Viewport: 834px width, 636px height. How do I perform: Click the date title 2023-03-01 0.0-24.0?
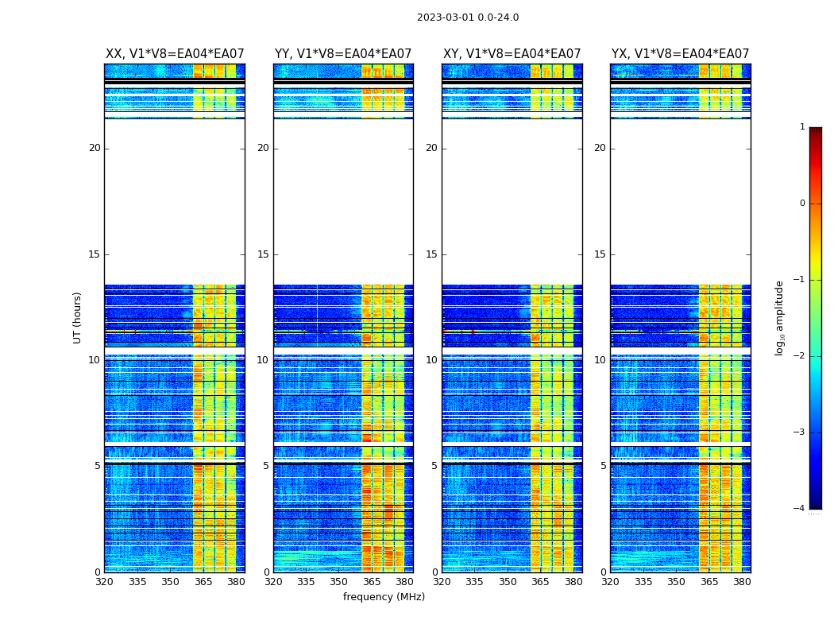(x=468, y=17)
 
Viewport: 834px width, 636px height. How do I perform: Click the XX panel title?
(x=175, y=54)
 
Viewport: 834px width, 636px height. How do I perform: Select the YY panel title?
(x=343, y=54)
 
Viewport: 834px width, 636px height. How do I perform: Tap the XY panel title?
(x=512, y=54)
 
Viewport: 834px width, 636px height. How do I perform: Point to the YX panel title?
(x=680, y=54)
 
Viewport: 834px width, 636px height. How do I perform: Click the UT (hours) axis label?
(x=77, y=317)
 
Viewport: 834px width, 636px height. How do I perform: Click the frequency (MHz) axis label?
(x=384, y=597)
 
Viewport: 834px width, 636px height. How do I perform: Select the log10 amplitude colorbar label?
(x=780, y=317)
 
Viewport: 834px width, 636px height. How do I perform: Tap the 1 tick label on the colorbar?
(x=801, y=127)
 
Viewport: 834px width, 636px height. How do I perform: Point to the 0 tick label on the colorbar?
(x=801, y=204)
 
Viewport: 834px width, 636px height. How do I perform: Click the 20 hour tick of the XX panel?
(x=95, y=148)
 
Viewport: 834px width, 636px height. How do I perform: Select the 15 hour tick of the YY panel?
(x=263, y=254)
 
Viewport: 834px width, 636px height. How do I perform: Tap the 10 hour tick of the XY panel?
(x=431, y=360)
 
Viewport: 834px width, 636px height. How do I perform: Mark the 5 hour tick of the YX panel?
(x=603, y=466)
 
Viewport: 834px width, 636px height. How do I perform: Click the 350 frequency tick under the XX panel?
(x=170, y=582)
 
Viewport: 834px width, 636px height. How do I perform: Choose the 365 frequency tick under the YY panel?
(x=372, y=582)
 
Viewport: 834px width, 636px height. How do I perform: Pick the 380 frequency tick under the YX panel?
(x=742, y=582)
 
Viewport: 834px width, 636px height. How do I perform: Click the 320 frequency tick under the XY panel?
(x=442, y=582)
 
